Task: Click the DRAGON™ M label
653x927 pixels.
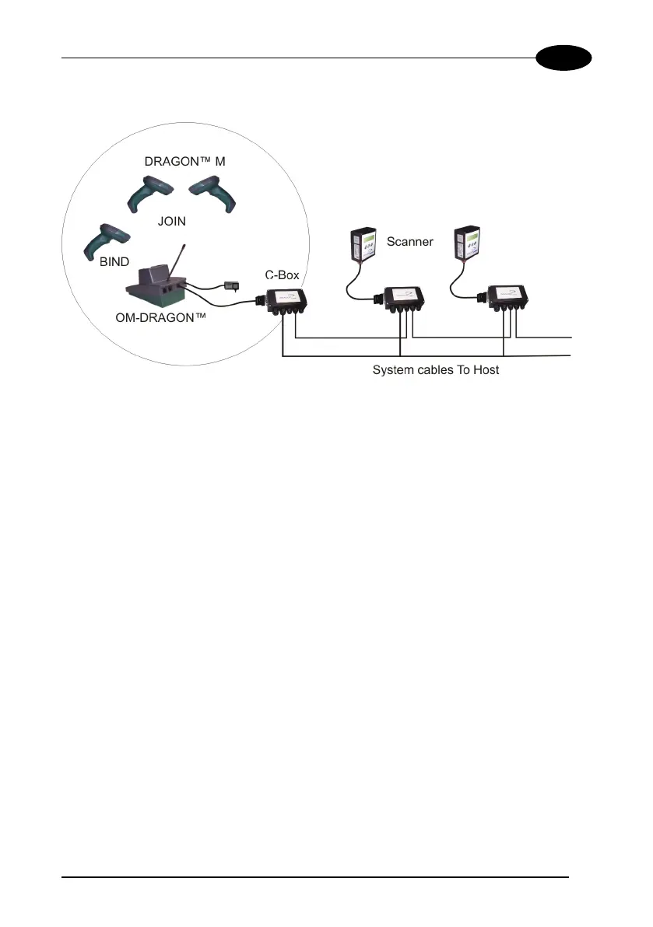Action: [184, 162]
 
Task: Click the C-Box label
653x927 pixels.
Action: [283, 275]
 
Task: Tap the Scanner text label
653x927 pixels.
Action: [409, 241]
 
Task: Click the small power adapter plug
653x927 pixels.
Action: [230, 285]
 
